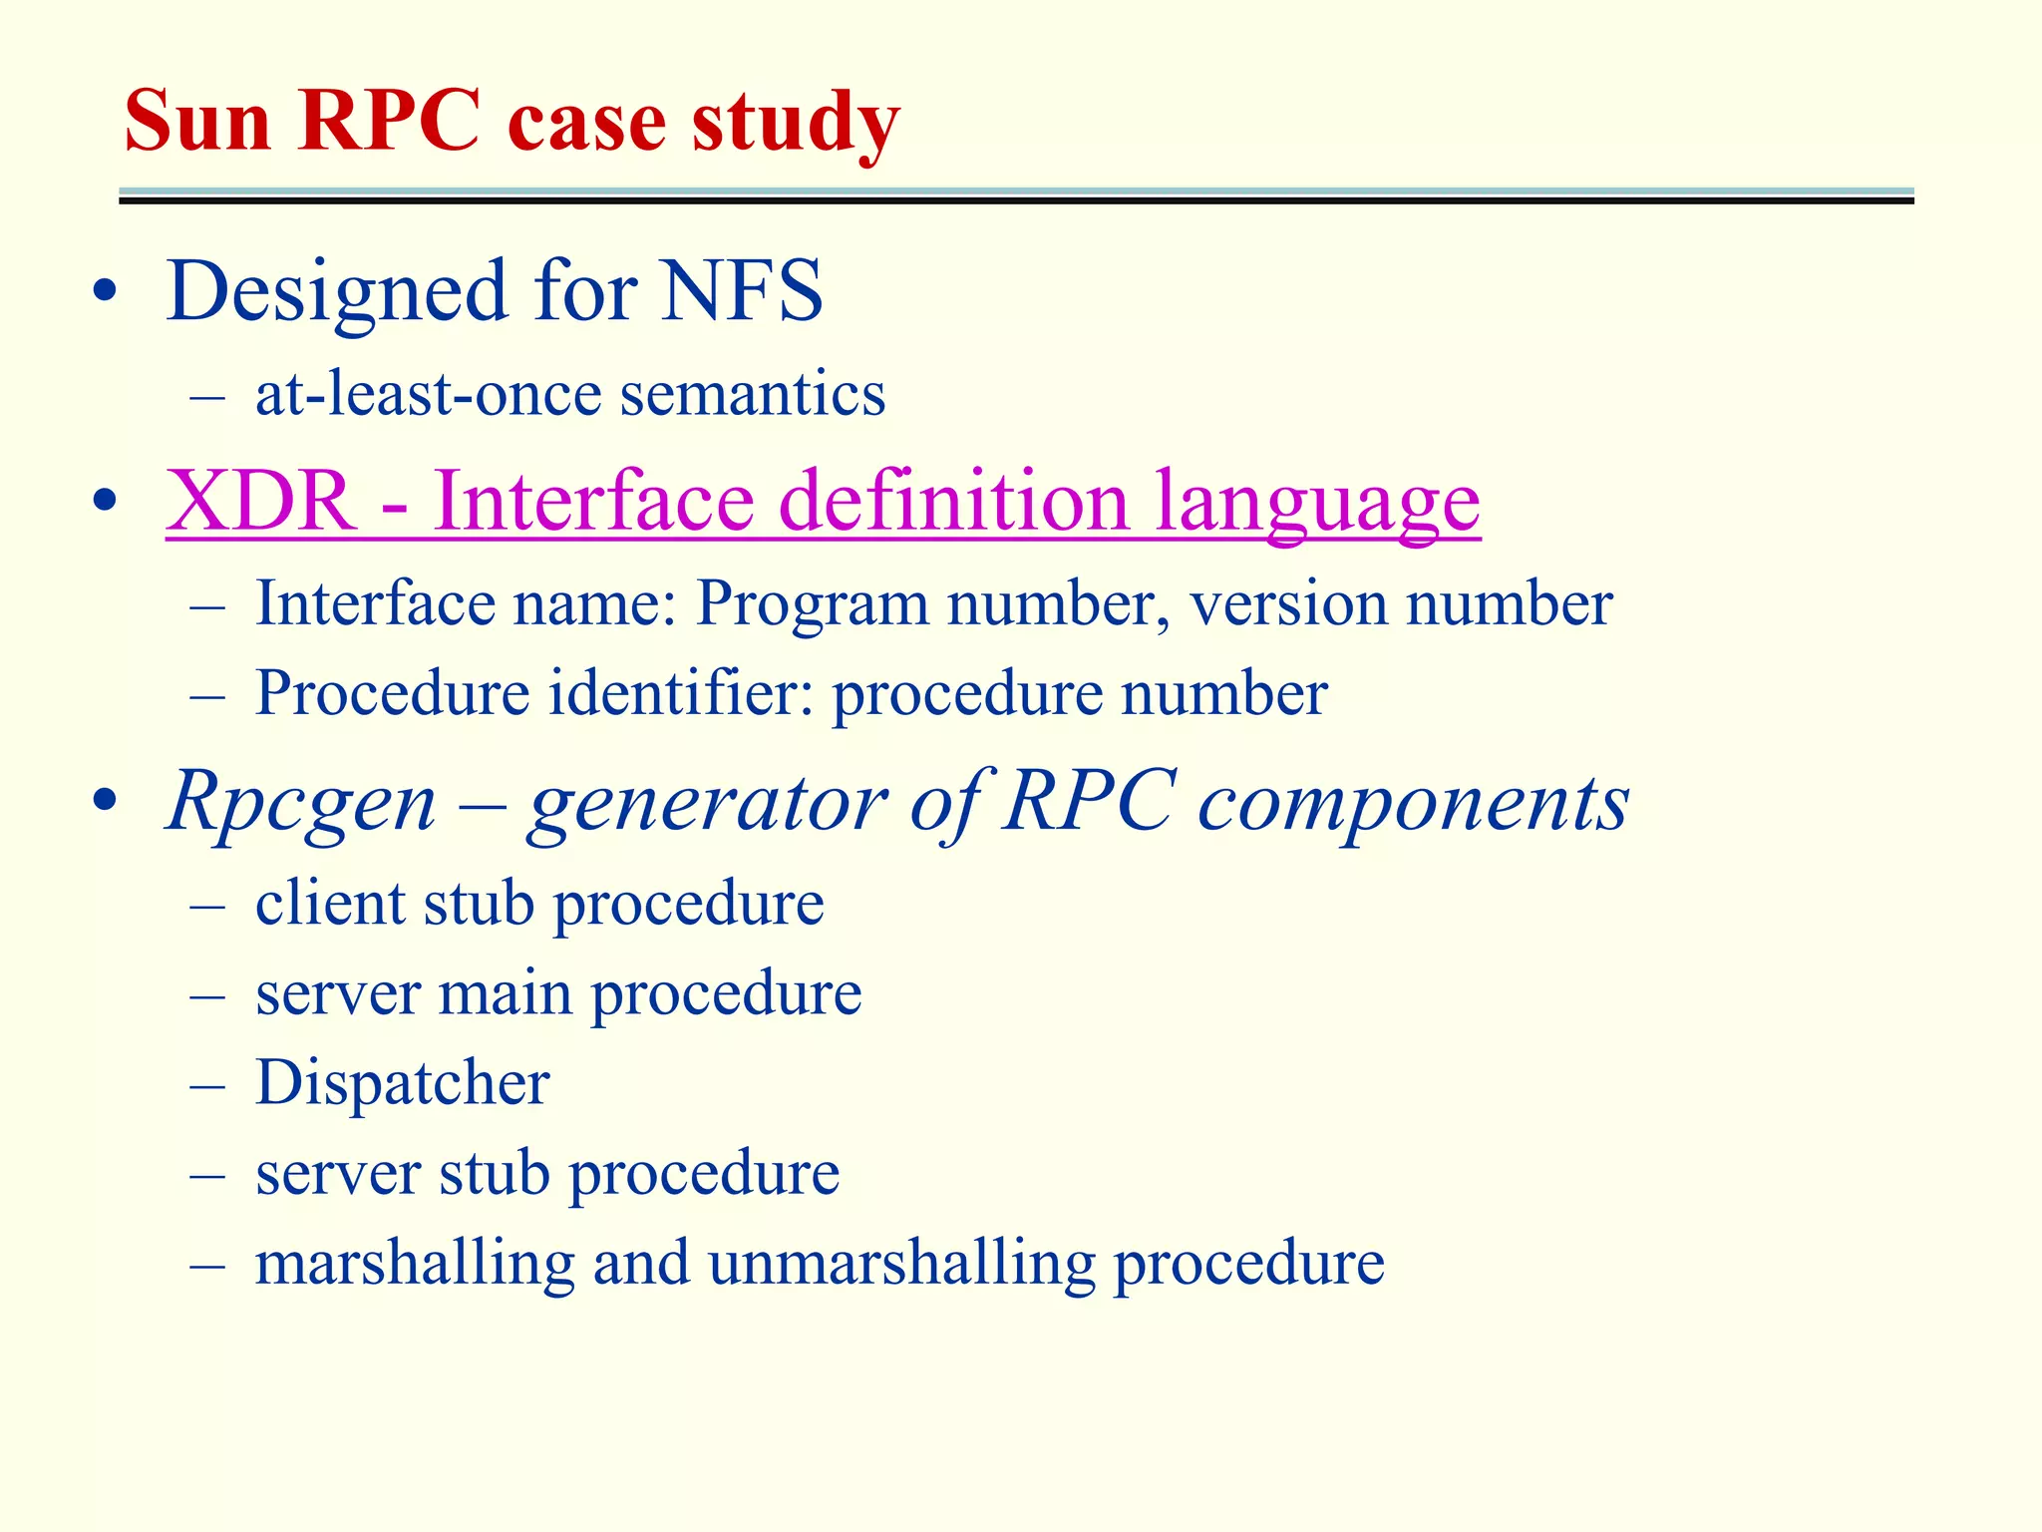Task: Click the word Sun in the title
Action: pos(197,122)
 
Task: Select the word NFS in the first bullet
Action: pos(742,291)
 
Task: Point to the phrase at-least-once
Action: pos(428,394)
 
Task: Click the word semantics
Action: pos(753,394)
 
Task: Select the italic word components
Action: pos(1413,803)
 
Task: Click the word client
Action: pos(330,903)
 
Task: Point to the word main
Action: pos(506,993)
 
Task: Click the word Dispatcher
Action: pos(402,1082)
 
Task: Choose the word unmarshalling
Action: pos(901,1263)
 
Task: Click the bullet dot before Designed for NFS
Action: pos(105,292)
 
